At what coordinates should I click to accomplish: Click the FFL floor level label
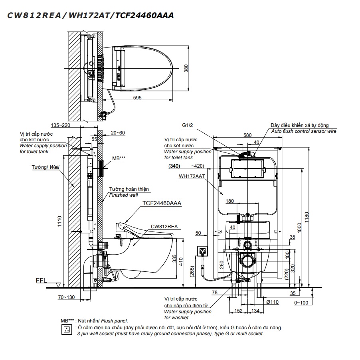tap(41, 281)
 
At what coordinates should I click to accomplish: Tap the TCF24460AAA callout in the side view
tap(162, 203)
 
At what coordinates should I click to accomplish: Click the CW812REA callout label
tap(164, 226)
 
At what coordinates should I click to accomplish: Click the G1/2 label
tap(188, 125)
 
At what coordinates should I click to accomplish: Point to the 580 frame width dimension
tap(247, 135)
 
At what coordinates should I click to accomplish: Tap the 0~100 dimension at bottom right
tap(301, 303)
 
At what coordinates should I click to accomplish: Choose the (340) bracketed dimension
tap(175, 166)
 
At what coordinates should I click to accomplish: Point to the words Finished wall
tap(123, 195)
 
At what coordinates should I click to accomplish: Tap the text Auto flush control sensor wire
tap(304, 131)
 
